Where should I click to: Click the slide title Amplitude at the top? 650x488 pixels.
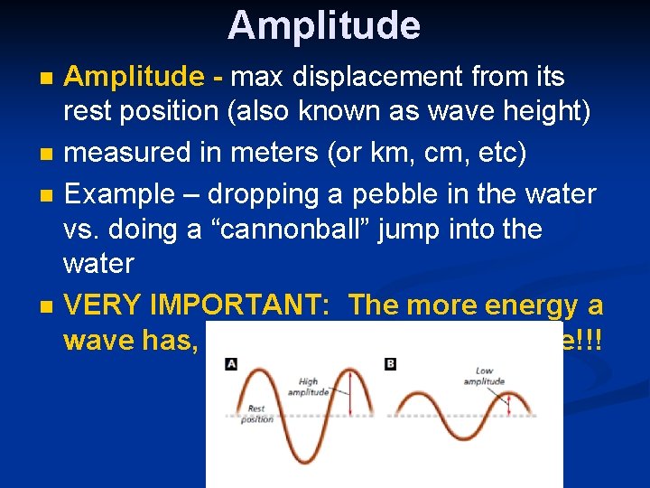point(324,25)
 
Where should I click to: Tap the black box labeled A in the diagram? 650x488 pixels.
point(232,364)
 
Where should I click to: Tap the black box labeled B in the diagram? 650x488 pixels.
point(391,364)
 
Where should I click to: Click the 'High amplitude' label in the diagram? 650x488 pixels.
point(310,388)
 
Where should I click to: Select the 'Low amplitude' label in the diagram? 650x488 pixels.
point(485,377)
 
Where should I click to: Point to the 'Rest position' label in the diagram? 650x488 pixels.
point(257,414)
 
